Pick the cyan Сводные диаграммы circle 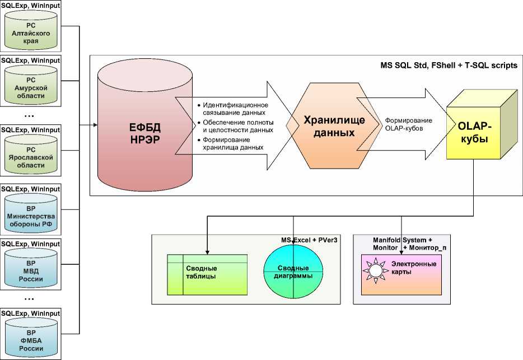pyautogui.click(x=293, y=272)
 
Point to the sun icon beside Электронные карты pyautogui.click(x=374, y=270)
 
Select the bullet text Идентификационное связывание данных pyautogui.click(x=235, y=109)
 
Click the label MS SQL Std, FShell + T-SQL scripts pyautogui.click(x=449, y=66)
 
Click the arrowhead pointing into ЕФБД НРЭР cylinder pyautogui.click(x=94, y=124)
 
